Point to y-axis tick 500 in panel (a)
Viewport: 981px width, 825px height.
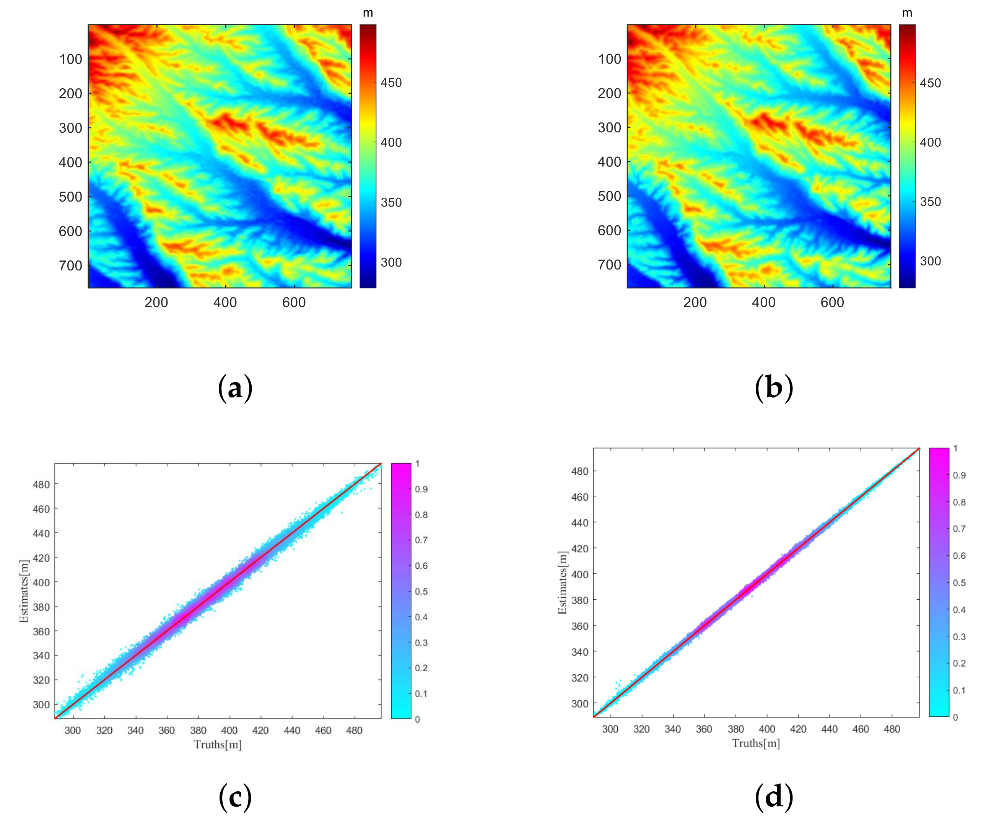point(71,197)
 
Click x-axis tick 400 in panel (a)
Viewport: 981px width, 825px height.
point(225,303)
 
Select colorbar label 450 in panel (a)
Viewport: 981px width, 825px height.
point(391,83)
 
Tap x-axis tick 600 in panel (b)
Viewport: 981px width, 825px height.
point(832,303)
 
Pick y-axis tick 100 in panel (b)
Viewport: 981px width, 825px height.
point(609,59)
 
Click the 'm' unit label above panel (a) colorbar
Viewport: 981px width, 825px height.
point(368,13)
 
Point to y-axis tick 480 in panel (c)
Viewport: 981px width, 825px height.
point(41,485)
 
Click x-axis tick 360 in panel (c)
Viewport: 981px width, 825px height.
point(166,731)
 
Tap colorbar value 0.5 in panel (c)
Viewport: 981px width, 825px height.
point(421,592)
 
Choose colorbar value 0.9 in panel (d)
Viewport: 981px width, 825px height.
point(960,475)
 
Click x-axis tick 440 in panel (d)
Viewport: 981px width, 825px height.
point(830,729)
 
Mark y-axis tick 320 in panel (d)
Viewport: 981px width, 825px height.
point(580,678)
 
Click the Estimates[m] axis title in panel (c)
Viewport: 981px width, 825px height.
point(24,592)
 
